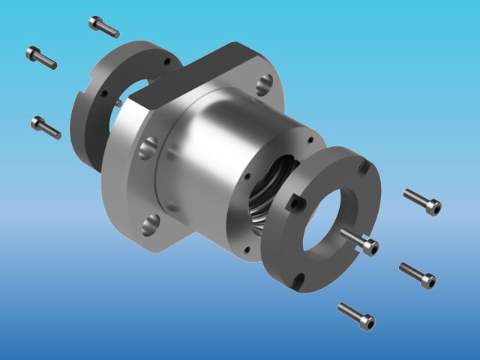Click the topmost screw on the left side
[x=103, y=26]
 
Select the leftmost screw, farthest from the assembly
[x=41, y=57]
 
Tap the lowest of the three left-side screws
[x=46, y=127]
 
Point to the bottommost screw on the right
[x=356, y=316]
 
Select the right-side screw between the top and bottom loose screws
[x=418, y=274]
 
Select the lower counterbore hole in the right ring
[x=298, y=282]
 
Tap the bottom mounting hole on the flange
[x=151, y=223]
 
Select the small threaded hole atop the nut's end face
[x=307, y=140]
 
